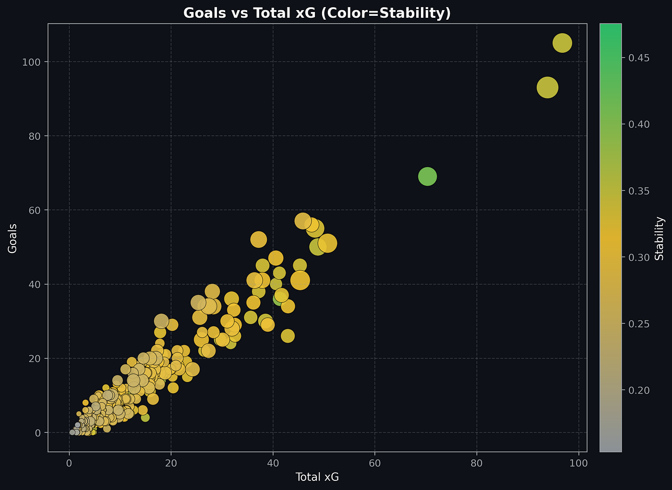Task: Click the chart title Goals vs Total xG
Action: click(317, 13)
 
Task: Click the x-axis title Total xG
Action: click(317, 477)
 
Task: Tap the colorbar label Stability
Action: click(660, 238)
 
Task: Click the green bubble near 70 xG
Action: click(427, 177)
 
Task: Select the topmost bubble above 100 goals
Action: click(562, 43)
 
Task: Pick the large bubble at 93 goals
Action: click(547, 87)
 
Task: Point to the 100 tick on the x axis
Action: click(578, 464)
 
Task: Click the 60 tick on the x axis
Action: click(375, 464)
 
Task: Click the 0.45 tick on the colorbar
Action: click(639, 58)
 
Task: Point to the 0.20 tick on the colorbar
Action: click(639, 390)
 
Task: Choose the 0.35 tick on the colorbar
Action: click(639, 191)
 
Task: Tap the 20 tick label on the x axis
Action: click(171, 464)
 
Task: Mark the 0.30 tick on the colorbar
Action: click(639, 257)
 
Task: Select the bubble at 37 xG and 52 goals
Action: click(258, 239)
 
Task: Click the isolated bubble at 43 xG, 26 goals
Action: click(288, 336)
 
